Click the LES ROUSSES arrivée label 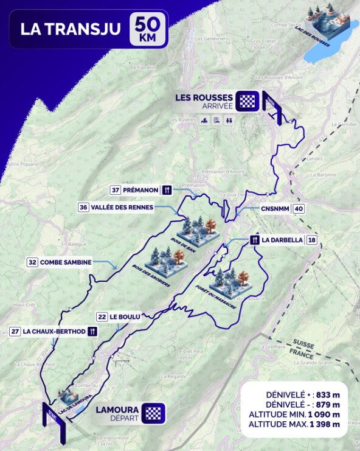tap(204, 100)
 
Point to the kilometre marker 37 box tap(115, 190)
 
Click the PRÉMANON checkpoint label tap(140, 190)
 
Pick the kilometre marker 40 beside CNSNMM tap(299, 209)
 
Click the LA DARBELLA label tap(282, 240)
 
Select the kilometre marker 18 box tap(311, 240)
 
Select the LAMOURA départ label tap(117, 413)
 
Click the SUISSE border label tap(303, 344)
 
